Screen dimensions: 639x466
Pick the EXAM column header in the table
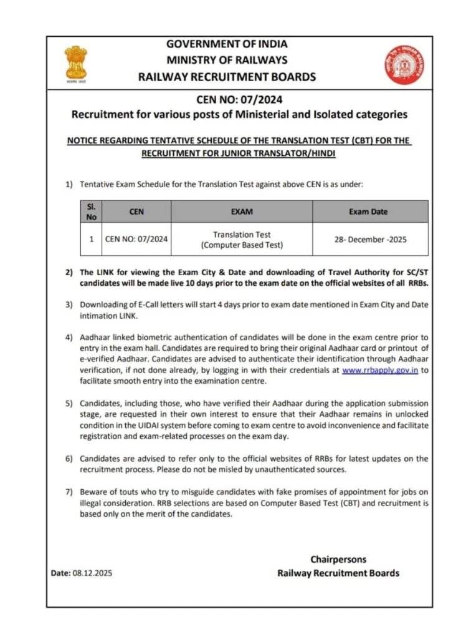(x=242, y=212)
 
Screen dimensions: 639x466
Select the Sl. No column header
(x=91, y=212)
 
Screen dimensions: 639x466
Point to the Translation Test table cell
(x=242, y=240)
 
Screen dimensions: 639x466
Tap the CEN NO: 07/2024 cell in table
(x=136, y=240)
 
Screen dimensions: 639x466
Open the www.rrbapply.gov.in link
(x=379, y=370)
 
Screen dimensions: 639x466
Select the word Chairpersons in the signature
(x=338, y=559)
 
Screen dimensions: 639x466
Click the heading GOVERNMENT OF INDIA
(x=226, y=44)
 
